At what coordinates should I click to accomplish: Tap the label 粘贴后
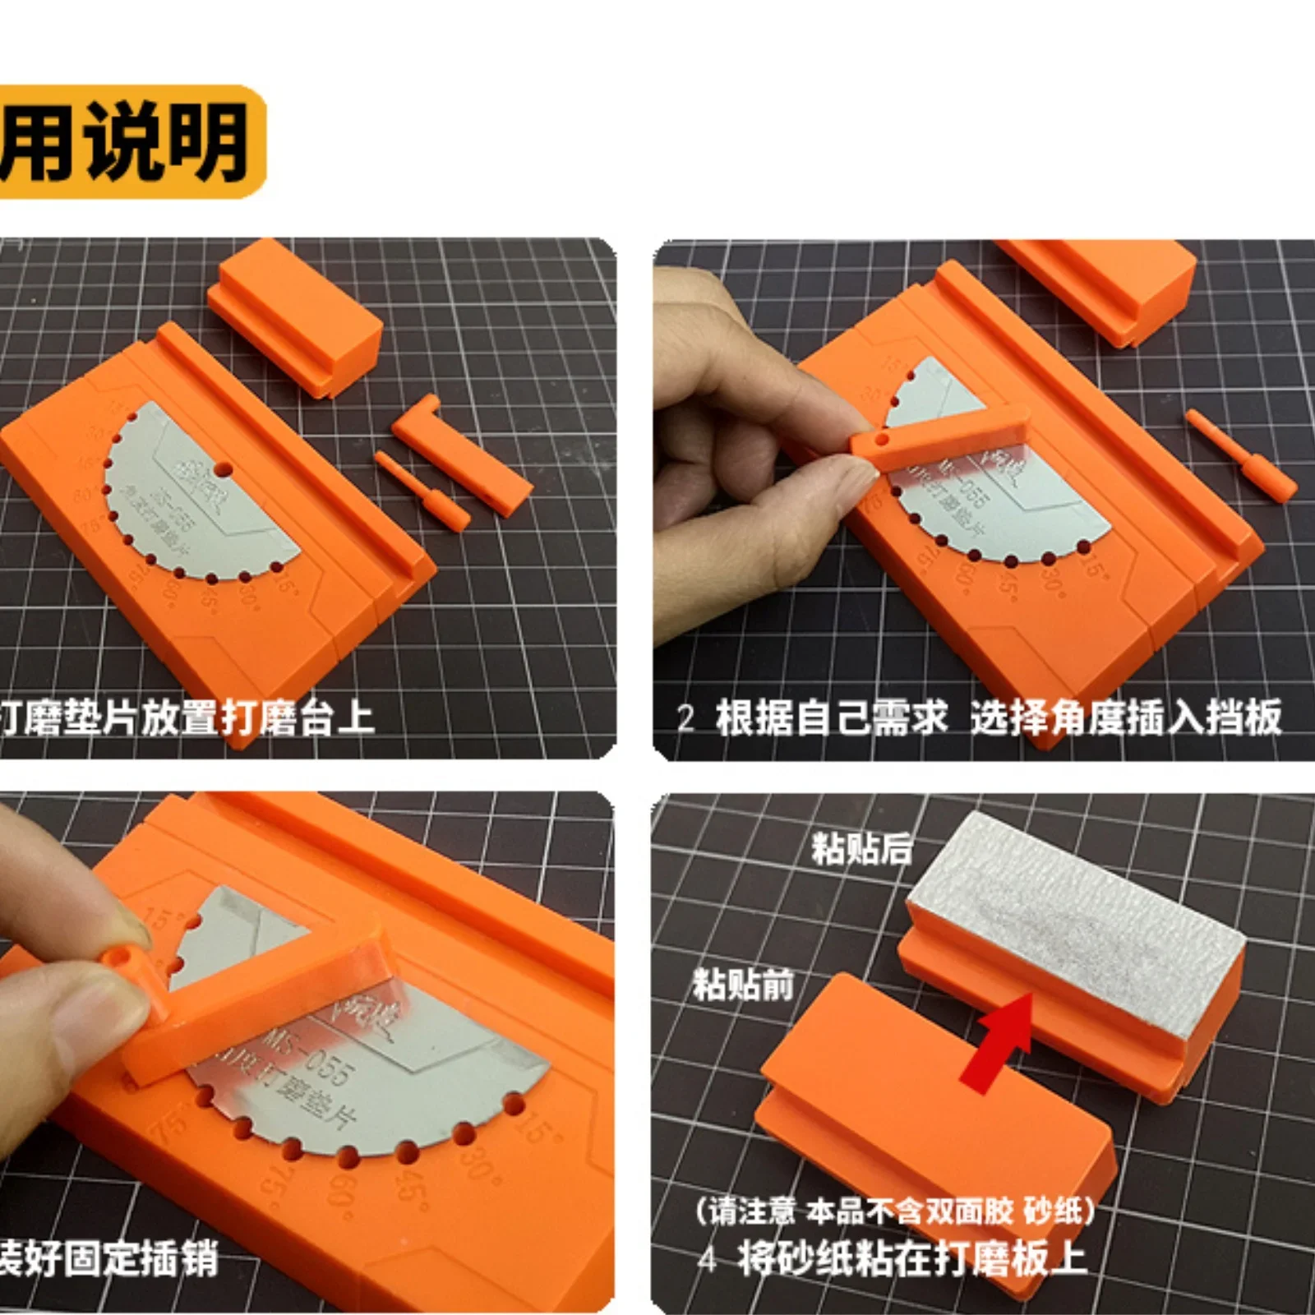(x=861, y=848)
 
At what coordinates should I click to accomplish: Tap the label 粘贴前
(x=743, y=984)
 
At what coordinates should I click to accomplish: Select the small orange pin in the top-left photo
(x=422, y=490)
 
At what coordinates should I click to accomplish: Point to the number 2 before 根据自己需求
(x=685, y=718)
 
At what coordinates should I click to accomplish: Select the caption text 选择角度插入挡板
(x=1126, y=717)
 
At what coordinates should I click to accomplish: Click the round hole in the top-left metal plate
(x=223, y=470)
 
